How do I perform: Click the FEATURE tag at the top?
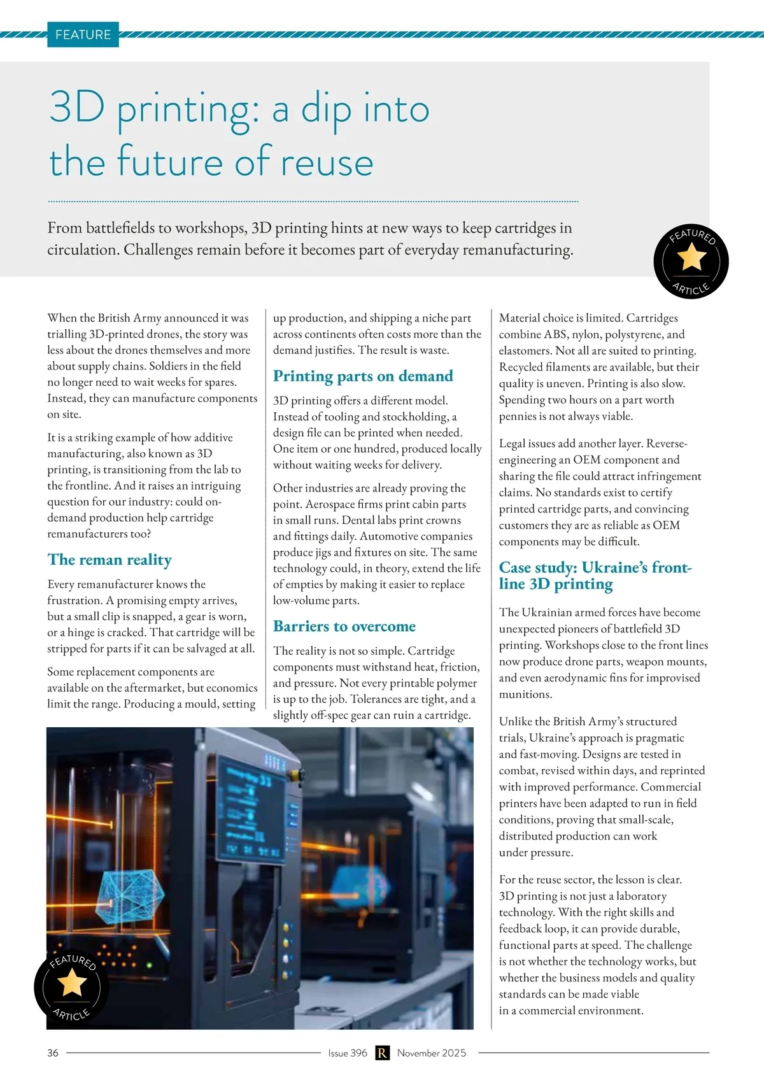tap(83, 34)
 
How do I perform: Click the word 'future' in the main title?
tap(171, 161)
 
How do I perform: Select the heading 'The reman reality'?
tap(110, 560)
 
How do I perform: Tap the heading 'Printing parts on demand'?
tap(363, 376)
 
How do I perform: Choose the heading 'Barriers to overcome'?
tap(344, 627)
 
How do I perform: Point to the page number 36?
tap(53, 1053)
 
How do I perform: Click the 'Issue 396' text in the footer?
tap(348, 1053)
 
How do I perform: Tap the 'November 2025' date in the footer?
tap(432, 1053)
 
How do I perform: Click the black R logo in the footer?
tap(382, 1053)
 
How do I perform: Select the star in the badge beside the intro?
tap(691, 258)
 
